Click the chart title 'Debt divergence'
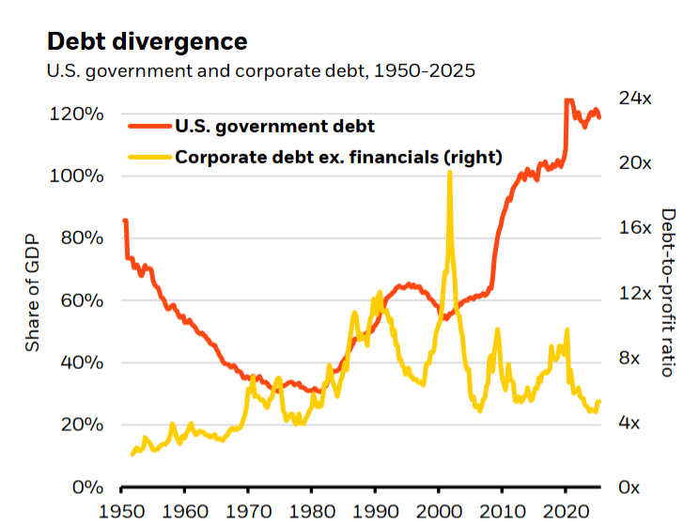pos(147,41)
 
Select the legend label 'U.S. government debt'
pos(275,126)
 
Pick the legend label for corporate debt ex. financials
pos(339,156)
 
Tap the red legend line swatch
pos(149,126)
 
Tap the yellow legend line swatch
pos(149,156)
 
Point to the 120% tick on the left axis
pos(78,114)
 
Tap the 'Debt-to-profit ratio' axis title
pos(668,292)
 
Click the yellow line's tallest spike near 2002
pos(450,174)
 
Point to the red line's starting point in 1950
pos(125,222)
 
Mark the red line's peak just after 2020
pos(568,99)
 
